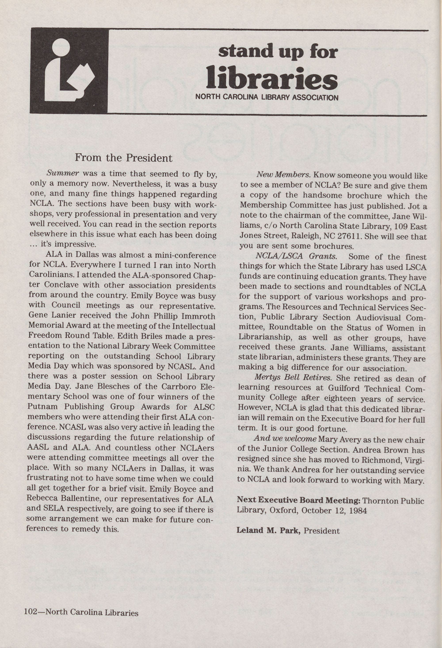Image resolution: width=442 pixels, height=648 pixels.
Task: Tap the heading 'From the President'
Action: click(124, 158)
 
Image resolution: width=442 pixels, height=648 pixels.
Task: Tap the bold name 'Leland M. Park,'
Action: click(268, 531)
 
